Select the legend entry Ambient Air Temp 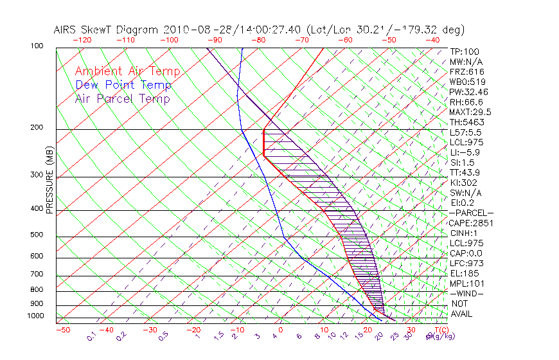[127, 71]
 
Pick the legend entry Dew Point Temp [123, 85]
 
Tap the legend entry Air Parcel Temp [122, 98]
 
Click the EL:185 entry [465, 273]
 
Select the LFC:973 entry [466, 264]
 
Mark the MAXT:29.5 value [470, 112]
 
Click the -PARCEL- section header [471, 213]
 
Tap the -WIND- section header [467, 293]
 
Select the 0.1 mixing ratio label [91, 336]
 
